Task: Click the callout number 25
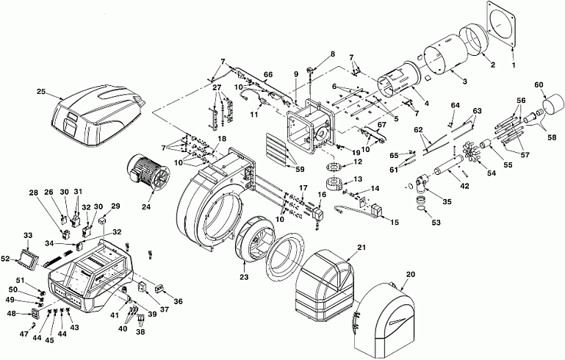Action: coord(41,92)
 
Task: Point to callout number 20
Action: coord(411,274)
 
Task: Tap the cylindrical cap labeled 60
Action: coord(553,104)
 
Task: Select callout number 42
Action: coord(464,186)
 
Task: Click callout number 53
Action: coord(436,223)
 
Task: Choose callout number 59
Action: coord(299,169)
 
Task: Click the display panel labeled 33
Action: coord(29,259)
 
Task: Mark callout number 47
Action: coord(24,334)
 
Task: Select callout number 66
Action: coord(267,75)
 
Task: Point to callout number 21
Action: coord(361,247)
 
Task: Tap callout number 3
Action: coord(465,82)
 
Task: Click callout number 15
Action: coord(395,223)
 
